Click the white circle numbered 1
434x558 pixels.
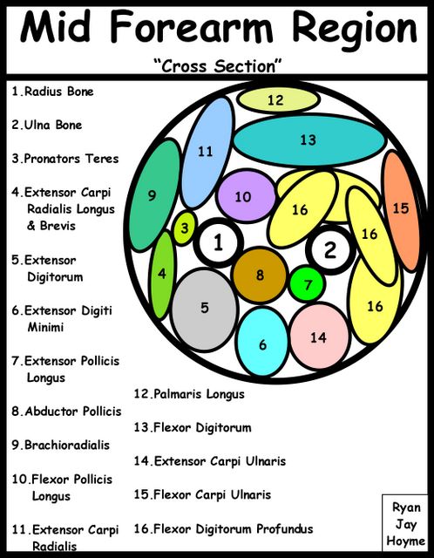tap(219, 242)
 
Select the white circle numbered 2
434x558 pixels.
tap(330, 250)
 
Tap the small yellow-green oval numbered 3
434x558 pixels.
tap(185, 228)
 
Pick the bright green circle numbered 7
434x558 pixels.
tap(308, 284)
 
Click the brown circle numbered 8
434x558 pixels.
tap(260, 276)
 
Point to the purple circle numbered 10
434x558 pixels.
tap(246, 196)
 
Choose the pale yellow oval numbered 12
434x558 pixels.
tap(279, 99)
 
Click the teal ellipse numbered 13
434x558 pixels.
tap(309, 140)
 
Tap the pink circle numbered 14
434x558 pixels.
tap(319, 337)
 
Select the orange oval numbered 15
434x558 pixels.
tap(401, 211)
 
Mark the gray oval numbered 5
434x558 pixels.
tap(204, 310)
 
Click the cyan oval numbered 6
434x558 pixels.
tap(262, 342)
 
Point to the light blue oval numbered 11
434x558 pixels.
tap(207, 153)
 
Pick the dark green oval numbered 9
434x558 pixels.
tap(155, 195)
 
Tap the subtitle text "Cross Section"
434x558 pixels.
tap(218, 66)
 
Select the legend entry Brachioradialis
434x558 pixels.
tap(60, 445)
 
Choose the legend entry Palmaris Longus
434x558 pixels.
tap(189, 394)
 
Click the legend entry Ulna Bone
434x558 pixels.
tap(46, 125)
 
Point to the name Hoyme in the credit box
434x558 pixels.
tap(406, 541)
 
